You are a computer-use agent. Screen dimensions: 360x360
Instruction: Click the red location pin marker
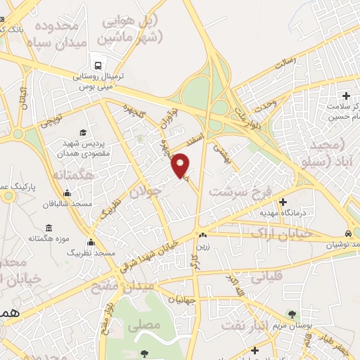tap(181, 166)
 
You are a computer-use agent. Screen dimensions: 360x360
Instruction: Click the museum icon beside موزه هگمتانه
tap(49, 228)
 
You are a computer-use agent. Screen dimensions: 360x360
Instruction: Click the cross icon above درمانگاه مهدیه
tap(283, 202)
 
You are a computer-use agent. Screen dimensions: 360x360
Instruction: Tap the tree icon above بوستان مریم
tap(292, 314)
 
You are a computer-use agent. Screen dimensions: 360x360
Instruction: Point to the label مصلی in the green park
tap(148, 324)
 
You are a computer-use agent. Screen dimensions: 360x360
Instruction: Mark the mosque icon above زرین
tap(202, 235)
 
